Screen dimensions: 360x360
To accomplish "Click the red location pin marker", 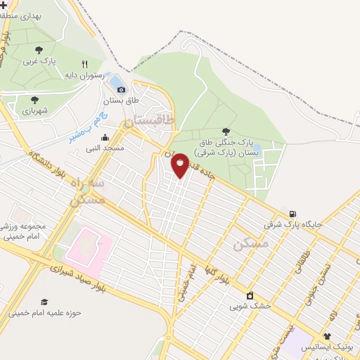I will point(180,165).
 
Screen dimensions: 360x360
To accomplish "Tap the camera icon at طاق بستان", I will point(122,89).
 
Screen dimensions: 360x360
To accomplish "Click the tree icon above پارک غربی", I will point(39,50).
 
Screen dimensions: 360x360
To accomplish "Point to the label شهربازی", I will point(34,110).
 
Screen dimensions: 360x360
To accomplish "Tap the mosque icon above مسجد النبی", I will point(105,138).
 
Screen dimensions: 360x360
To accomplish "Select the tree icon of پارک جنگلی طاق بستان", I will point(226,131).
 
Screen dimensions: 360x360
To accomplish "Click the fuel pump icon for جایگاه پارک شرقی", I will point(292,214).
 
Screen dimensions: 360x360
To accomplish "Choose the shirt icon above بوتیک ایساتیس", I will point(328,335).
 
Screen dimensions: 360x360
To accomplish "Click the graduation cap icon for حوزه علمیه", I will point(45,302).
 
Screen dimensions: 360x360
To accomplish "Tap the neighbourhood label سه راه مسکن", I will point(89,191).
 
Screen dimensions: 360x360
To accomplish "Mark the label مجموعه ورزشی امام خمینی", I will point(23,231).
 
